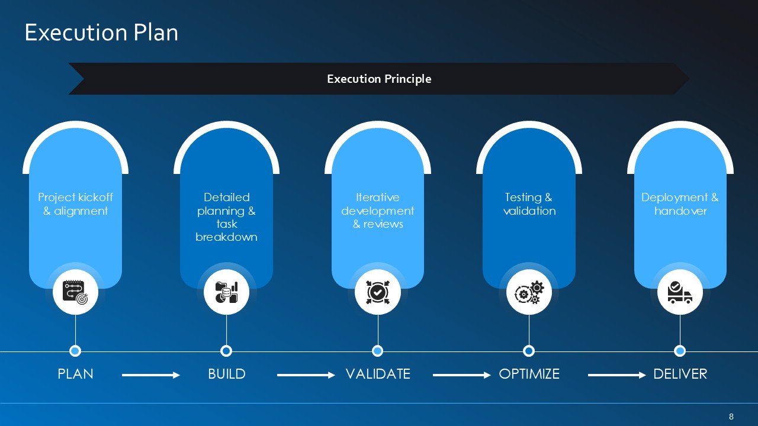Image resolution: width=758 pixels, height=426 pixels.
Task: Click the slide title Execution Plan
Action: [x=101, y=33]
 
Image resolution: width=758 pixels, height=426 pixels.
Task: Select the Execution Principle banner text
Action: [x=379, y=79]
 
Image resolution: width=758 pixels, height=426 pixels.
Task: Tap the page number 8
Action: [x=731, y=416]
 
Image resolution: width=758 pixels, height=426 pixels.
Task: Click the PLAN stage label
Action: [x=75, y=374]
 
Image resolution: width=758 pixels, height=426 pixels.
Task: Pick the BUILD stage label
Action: [x=227, y=374]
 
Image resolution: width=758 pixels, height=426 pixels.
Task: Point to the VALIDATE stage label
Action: [x=378, y=374]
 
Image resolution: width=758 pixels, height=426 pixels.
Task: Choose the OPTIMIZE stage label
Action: [x=529, y=374]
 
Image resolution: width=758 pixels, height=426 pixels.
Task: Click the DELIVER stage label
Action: [x=680, y=374]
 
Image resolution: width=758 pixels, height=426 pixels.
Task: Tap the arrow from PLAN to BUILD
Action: [x=151, y=375]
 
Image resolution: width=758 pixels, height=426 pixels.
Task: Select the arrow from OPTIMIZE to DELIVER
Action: [x=617, y=375]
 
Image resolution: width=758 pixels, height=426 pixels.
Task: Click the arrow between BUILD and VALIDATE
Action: [x=306, y=375]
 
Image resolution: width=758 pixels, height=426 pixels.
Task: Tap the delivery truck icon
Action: [x=680, y=292]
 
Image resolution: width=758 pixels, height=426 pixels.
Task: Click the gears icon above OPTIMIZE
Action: [x=529, y=292]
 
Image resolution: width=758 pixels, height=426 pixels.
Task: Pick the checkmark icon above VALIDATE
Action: [x=378, y=292]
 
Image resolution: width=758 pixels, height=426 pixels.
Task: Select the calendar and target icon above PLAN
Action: [x=75, y=292]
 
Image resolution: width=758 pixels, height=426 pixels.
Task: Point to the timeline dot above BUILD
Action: [x=226, y=351]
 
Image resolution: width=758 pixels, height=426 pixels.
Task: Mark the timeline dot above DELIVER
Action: [x=680, y=351]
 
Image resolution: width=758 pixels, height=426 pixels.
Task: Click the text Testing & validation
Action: [x=529, y=204]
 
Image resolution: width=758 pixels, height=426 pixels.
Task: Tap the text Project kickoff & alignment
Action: [x=75, y=204]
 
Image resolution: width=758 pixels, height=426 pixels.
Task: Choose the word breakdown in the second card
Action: [x=226, y=237]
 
